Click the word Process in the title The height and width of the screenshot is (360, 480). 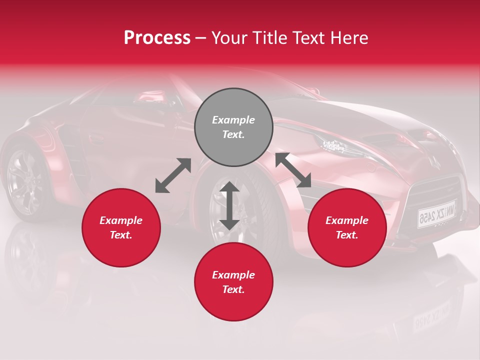point(157,38)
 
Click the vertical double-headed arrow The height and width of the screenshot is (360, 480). point(229,205)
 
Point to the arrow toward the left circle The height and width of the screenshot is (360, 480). point(173,175)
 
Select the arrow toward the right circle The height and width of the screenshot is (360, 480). point(293,170)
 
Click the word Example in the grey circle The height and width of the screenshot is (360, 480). point(233,120)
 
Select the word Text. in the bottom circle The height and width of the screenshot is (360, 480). point(233,289)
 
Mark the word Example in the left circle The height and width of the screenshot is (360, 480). point(121,220)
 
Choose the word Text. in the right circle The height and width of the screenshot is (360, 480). point(347,235)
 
